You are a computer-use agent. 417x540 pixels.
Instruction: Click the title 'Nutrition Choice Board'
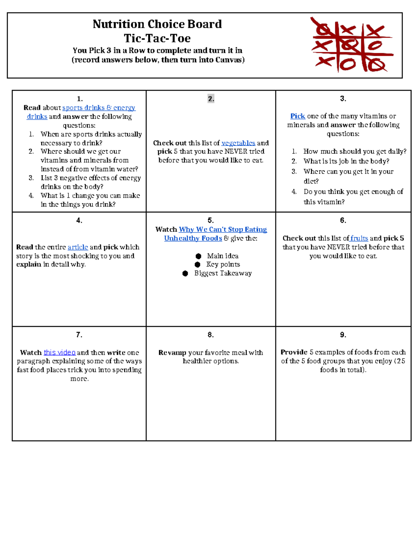[157, 24]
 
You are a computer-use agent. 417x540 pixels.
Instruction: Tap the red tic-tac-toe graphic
[352, 45]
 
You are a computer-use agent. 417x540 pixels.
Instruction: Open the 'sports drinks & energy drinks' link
[99, 108]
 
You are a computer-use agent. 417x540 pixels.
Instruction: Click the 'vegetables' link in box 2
[238, 143]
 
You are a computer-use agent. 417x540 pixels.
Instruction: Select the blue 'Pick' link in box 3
[297, 116]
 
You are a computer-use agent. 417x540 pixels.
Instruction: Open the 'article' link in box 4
[77, 247]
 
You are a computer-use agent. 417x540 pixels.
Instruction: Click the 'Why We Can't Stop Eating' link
[222, 229]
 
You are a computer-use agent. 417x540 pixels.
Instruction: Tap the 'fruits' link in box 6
[359, 238]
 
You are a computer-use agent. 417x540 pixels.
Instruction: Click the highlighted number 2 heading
[211, 99]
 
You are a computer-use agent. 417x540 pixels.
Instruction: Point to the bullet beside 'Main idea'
[198, 256]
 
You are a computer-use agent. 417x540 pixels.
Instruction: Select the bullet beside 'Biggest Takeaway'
[185, 274]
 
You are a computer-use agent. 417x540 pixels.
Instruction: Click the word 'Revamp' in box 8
[172, 352]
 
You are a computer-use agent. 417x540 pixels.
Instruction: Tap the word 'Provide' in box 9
[294, 352]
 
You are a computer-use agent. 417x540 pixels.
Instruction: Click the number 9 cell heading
[343, 335]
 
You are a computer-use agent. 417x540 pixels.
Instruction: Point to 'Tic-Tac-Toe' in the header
[157, 38]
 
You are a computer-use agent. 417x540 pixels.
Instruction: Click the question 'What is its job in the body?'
[346, 161]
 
